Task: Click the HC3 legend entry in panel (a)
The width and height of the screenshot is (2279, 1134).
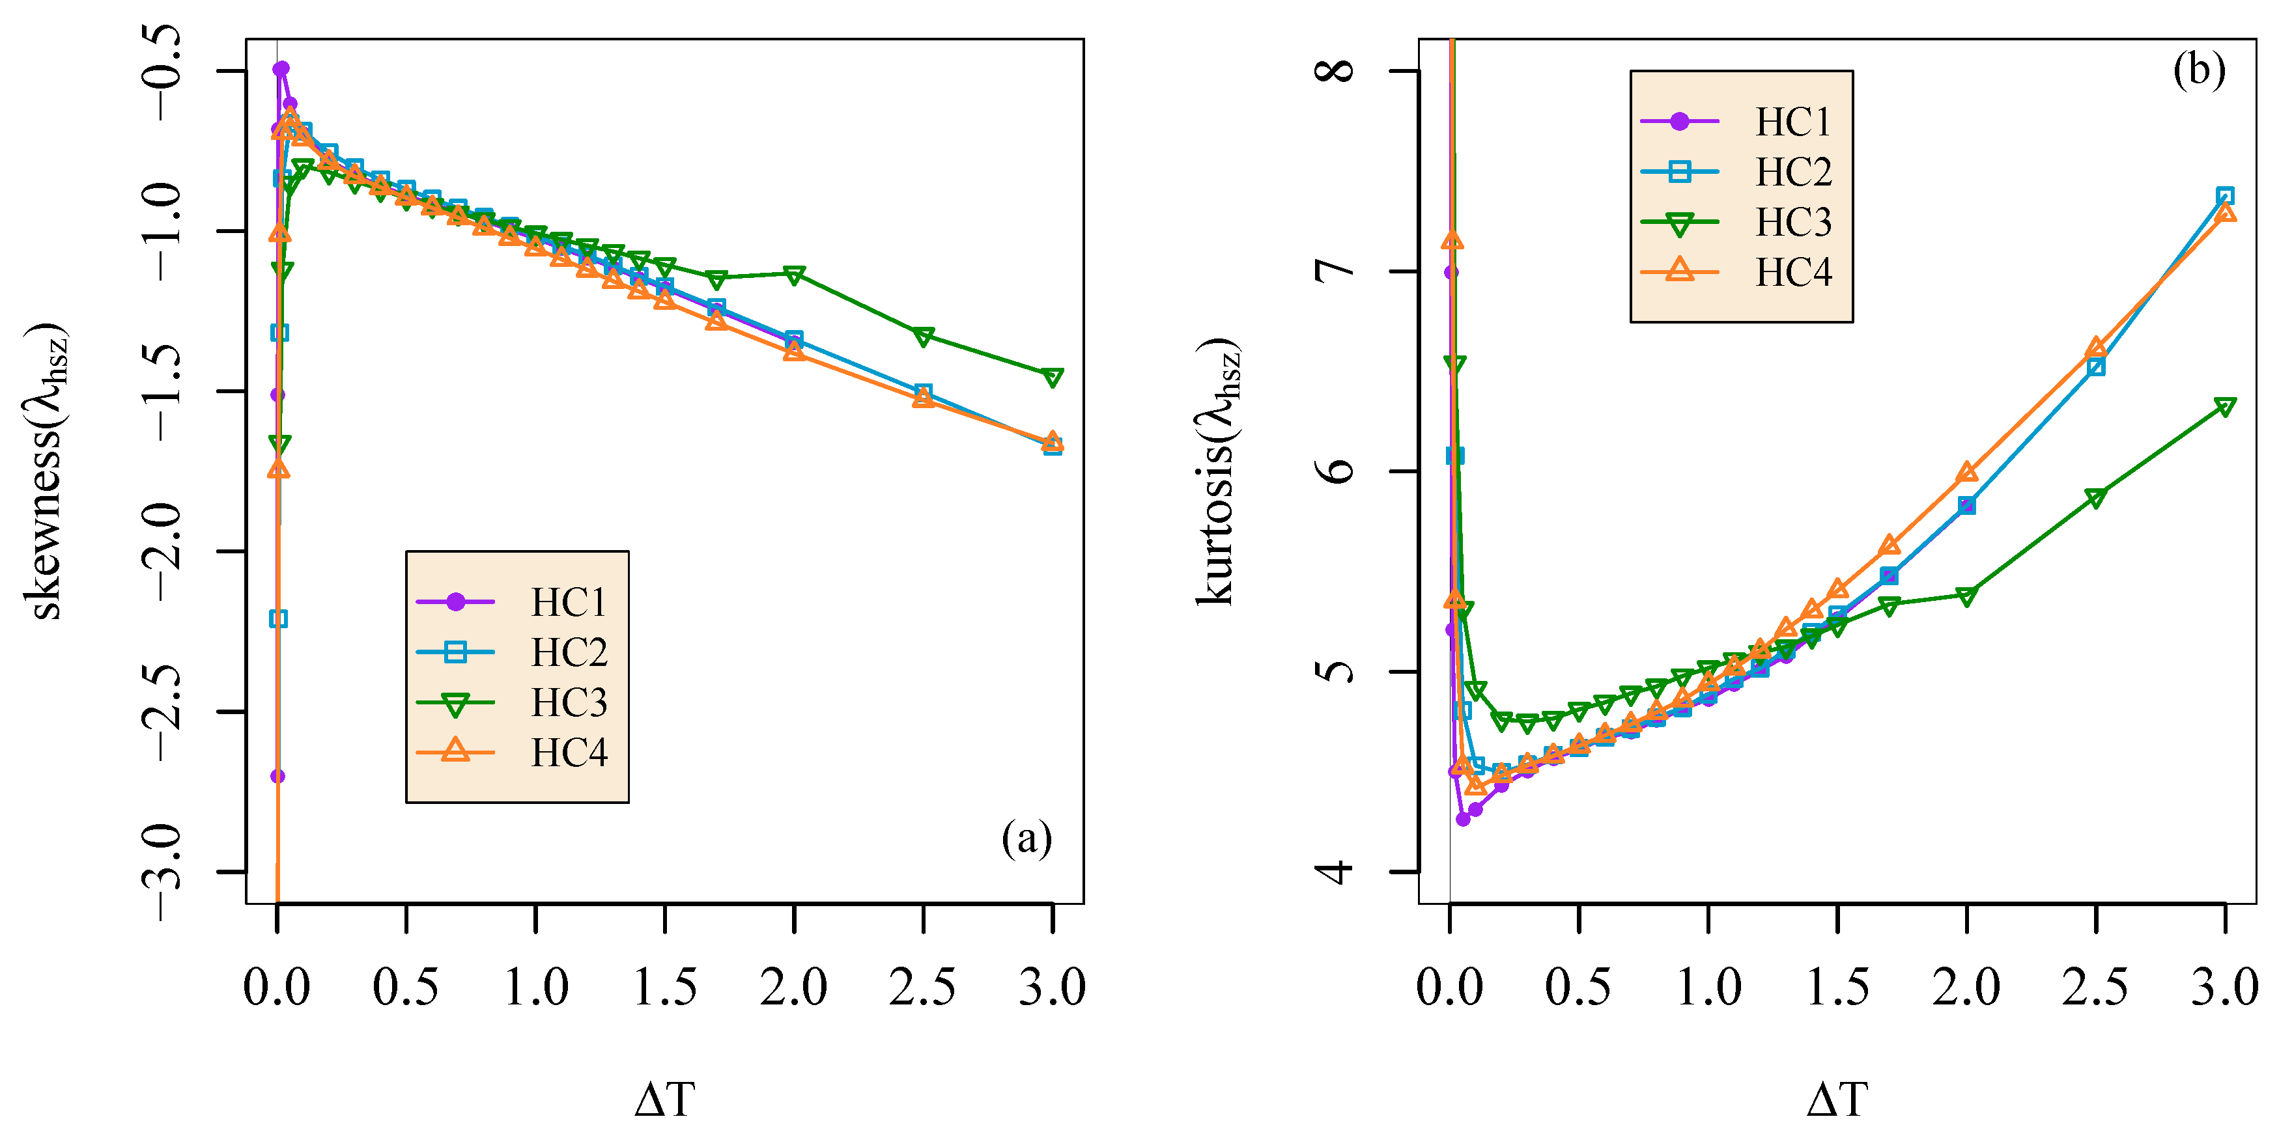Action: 569,703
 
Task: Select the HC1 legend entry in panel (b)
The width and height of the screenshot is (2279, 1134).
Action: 1792,122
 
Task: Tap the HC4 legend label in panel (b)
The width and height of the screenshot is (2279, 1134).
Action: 1793,273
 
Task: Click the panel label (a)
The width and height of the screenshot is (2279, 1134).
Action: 1026,837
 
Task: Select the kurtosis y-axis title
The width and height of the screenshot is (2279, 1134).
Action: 1218,471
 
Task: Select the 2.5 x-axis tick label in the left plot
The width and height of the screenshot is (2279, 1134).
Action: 923,987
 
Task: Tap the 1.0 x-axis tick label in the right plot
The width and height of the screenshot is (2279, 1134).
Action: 1708,987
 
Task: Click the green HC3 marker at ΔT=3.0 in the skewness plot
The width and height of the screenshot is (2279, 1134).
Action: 1052,378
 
